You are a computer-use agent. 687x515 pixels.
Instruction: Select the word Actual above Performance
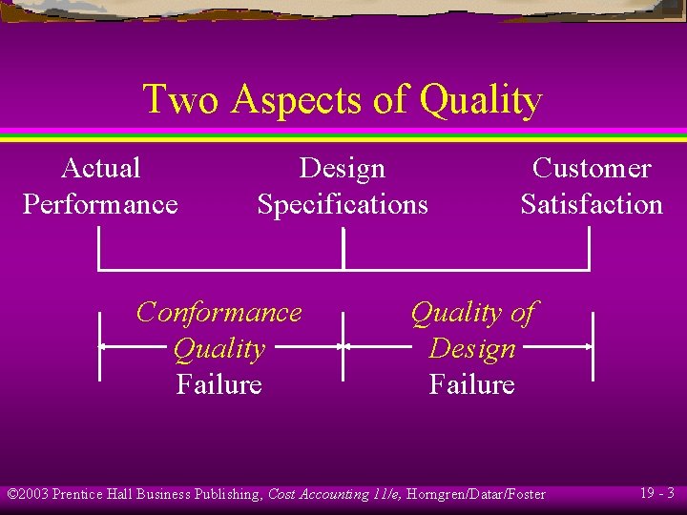tap(100, 169)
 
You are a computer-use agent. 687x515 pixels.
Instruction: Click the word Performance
tap(100, 204)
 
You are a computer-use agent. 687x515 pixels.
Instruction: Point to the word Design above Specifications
tap(342, 169)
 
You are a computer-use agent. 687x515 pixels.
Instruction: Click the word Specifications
tap(342, 204)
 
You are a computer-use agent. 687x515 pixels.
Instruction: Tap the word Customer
tap(591, 169)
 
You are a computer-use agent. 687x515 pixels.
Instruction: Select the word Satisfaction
tap(591, 204)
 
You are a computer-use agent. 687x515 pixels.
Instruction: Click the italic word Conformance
tap(219, 312)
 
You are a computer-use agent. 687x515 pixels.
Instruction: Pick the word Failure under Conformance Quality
tap(219, 384)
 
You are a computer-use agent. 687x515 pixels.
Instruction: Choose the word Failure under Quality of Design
tap(471, 384)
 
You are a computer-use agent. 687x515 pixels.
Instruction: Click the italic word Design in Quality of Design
tap(471, 348)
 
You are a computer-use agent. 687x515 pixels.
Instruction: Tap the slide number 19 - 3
tap(656, 493)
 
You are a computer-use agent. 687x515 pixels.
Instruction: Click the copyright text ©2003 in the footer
tap(28, 494)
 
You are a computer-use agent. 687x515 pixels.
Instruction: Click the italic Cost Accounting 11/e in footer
tap(330, 494)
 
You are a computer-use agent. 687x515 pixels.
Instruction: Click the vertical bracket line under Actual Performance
tap(99, 250)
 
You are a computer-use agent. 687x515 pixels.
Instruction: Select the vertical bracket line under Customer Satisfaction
tap(590, 250)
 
